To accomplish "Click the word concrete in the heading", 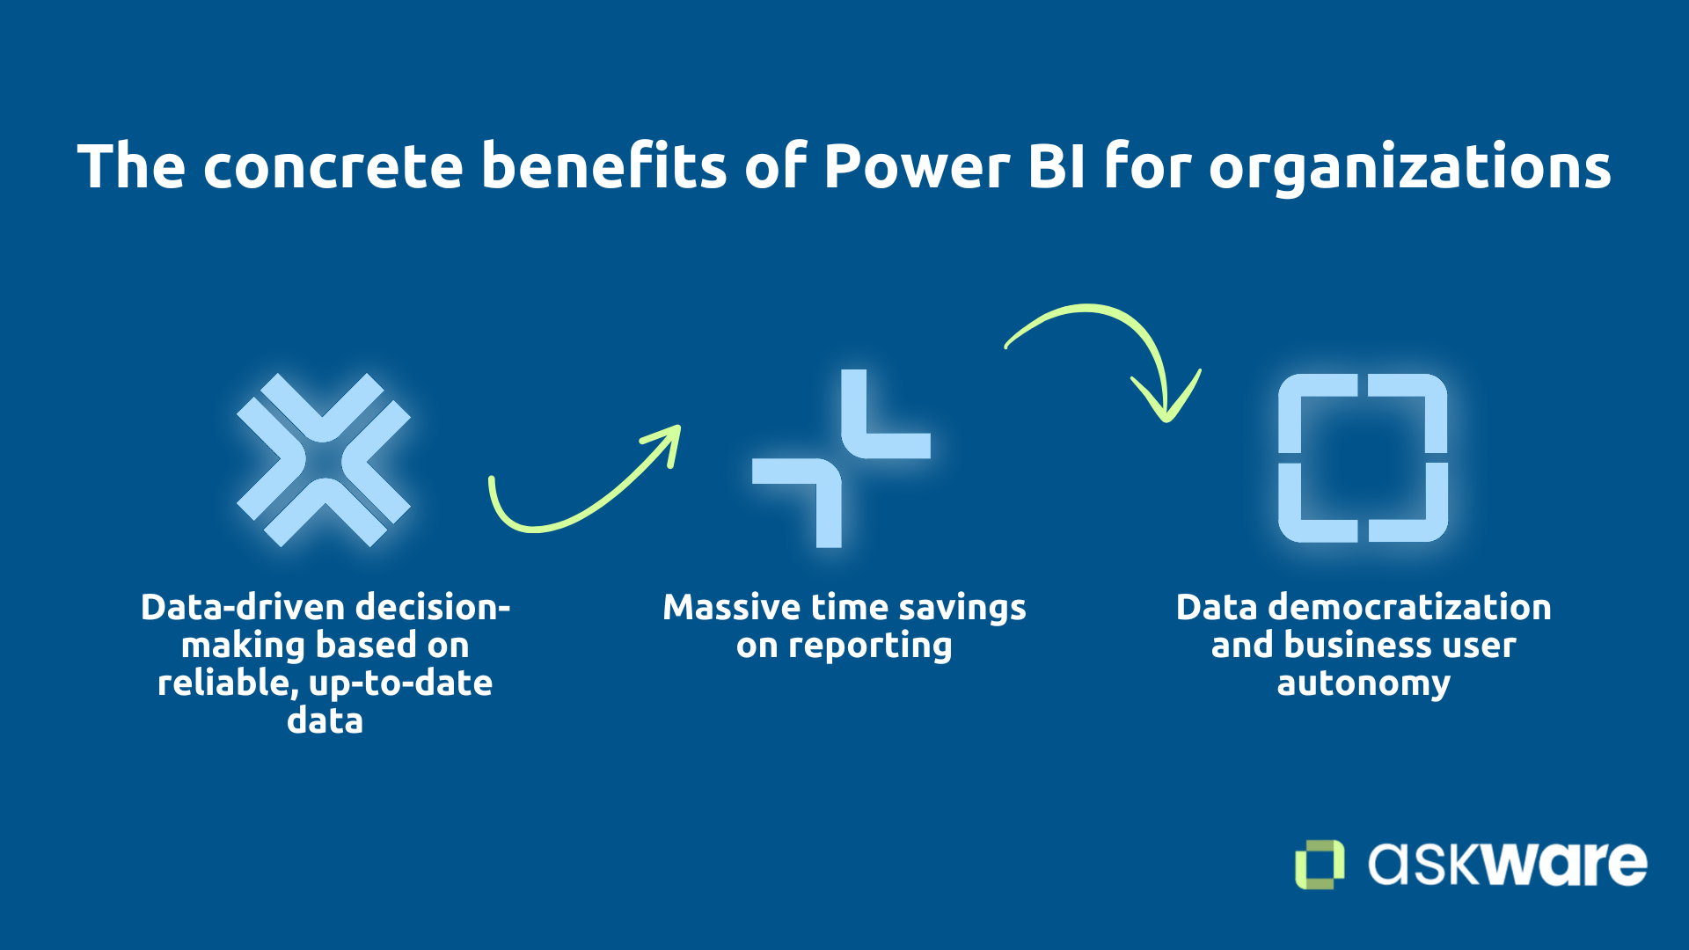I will click(333, 166).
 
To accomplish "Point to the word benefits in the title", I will click(603, 166).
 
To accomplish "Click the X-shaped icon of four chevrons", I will click(324, 459).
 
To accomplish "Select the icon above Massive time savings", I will click(841, 458).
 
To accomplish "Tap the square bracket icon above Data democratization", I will click(1363, 457).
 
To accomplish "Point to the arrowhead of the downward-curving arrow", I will click(1166, 406).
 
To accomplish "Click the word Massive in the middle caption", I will click(731, 607).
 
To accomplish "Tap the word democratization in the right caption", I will click(1410, 607).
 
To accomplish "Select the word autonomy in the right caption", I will click(1364, 683).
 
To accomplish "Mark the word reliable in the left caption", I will click(224, 683).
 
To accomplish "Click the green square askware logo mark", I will click(1319, 864).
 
